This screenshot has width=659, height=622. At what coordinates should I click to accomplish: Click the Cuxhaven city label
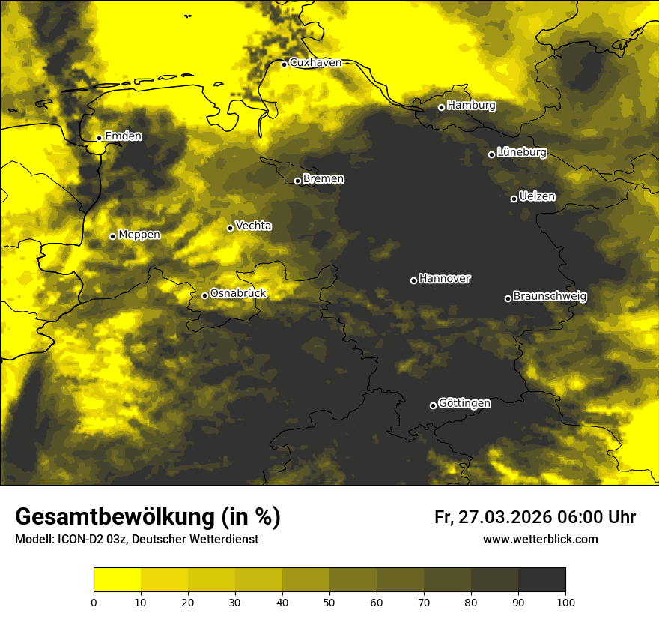coord(315,63)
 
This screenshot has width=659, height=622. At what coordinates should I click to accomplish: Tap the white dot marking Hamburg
coord(441,107)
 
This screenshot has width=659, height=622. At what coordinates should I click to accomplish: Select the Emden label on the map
coord(123,136)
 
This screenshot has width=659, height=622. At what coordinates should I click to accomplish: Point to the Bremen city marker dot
coord(297,181)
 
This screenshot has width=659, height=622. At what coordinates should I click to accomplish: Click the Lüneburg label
coord(521,153)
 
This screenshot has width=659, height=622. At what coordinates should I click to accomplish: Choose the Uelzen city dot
coord(514,199)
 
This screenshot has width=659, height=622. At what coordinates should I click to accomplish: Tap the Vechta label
coord(253,226)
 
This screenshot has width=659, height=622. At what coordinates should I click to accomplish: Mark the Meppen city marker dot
coord(112,236)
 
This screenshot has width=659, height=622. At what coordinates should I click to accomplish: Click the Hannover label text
coord(445,279)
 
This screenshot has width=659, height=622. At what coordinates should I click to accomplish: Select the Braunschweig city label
coord(550,297)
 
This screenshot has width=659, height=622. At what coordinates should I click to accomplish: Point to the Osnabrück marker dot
coord(204,295)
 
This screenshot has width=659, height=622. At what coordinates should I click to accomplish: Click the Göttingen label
coord(464,404)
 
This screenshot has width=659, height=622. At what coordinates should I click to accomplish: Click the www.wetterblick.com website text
coord(540,539)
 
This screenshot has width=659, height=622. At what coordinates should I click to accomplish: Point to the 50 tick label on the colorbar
coord(329,601)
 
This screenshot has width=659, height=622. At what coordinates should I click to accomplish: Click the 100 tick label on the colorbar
coord(565,601)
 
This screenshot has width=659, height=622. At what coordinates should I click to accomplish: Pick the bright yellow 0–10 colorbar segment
coord(118,580)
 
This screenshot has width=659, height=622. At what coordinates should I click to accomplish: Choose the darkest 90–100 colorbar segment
coord(541,580)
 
